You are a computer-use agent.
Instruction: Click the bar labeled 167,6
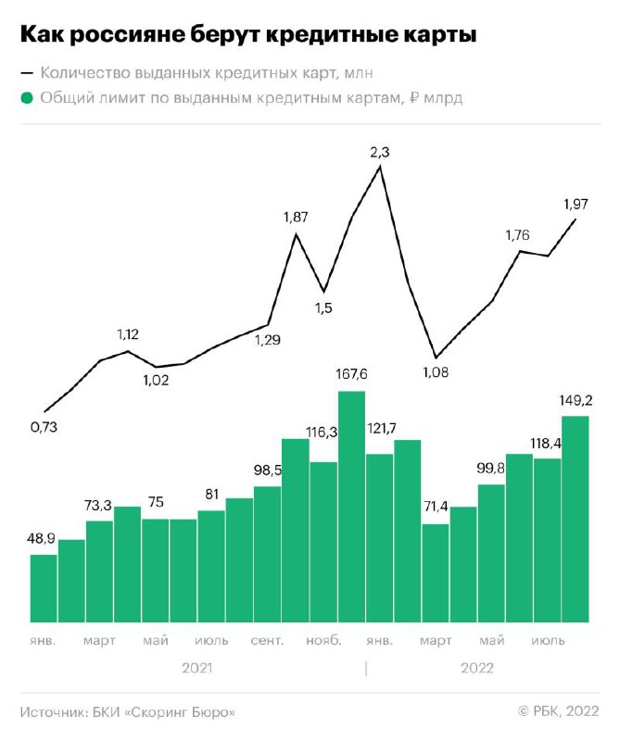click(x=352, y=507)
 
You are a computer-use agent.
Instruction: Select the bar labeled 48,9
click(x=44, y=588)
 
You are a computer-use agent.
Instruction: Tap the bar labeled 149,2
click(x=576, y=520)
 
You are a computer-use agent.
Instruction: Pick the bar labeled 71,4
click(x=436, y=573)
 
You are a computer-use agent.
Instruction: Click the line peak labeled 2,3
click(x=380, y=167)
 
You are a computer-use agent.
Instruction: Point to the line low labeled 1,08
click(x=436, y=358)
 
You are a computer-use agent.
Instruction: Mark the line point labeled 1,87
click(x=296, y=234)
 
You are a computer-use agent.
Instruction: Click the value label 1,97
click(x=576, y=204)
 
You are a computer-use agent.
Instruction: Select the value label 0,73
click(x=44, y=427)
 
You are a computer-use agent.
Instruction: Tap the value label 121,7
click(x=382, y=429)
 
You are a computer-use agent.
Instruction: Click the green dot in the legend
click(x=27, y=98)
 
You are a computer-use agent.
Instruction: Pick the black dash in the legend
click(x=27, y=73)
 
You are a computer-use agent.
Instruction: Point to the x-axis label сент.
click(x=267, y=641)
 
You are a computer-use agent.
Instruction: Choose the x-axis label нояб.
click(x=323, y=641)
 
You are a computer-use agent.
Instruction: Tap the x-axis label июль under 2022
click(x=548, y=641)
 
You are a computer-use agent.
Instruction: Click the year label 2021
click(x=197, y=668)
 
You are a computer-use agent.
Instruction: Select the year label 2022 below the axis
click(x=477, y=668)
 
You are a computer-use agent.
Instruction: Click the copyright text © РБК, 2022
click(x=559, y=711)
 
